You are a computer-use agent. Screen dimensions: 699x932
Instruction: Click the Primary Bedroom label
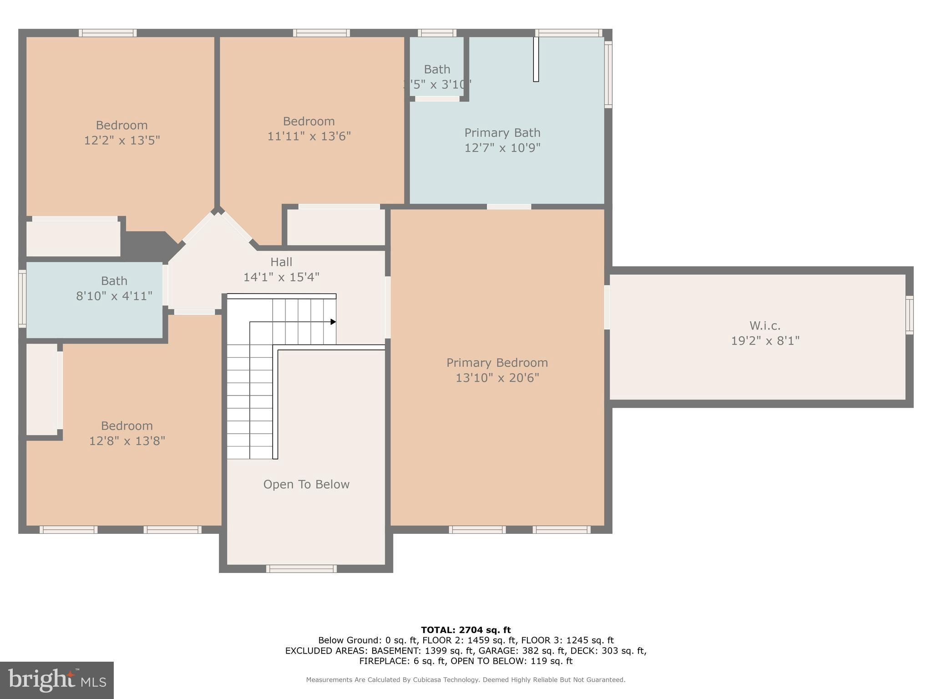pos(497,363)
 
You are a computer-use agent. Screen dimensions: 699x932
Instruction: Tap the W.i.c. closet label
pos(765,326)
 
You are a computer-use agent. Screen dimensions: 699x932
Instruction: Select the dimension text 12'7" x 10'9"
pos(502,148)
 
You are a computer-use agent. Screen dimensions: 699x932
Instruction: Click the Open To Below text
pos(306,484)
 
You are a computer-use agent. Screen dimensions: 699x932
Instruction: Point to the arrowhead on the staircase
pos(333,322)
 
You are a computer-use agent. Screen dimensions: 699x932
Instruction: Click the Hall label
pos(281,262)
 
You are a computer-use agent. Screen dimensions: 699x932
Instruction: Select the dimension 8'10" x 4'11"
pos(114,296)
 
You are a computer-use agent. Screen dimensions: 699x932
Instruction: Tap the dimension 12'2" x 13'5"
pos(122,140)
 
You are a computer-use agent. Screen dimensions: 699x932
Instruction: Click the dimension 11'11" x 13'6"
pos(309,136)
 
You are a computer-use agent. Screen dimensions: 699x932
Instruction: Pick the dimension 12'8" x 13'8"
pos(127,441)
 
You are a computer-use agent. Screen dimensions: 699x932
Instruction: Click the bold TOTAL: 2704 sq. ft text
pos(466,630)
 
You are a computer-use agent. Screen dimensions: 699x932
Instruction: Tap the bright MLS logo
pos(57,680)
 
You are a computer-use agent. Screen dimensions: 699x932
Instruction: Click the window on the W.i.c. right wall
pos(909,315)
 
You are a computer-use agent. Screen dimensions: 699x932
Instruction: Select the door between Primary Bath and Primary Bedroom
pos(509,207)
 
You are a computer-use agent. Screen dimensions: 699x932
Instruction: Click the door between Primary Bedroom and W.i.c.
pos(607,307)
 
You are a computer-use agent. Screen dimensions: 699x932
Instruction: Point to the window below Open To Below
pos(301,568)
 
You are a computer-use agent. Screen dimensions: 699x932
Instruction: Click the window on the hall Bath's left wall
pos(22,299)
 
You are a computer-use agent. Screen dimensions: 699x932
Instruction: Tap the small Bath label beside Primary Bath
pos(437,70)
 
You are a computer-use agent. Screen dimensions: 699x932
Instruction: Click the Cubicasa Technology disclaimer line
pos(466,680)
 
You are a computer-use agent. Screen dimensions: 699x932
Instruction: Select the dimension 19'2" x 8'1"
pos(765,341)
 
